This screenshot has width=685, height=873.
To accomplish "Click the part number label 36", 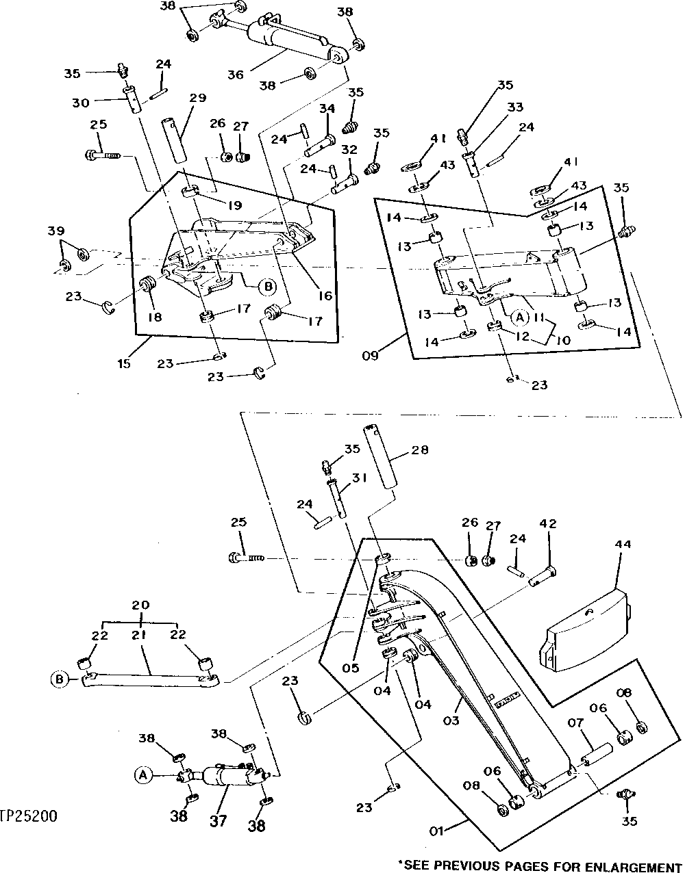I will click(x=236, y=74).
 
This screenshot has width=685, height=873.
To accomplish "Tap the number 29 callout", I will click(x=197, y=99).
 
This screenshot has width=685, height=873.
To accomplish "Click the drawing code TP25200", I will click(x=29, y=816).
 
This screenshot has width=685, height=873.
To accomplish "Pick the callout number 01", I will click(x=437, y=831).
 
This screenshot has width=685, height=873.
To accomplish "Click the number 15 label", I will click(x=123, y=363).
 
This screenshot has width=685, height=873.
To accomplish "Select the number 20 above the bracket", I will click(x=140, y=605).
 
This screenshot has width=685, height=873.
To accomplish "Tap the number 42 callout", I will click(x=547, y=524).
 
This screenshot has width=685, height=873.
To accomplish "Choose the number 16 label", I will click(x=324, y=296).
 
